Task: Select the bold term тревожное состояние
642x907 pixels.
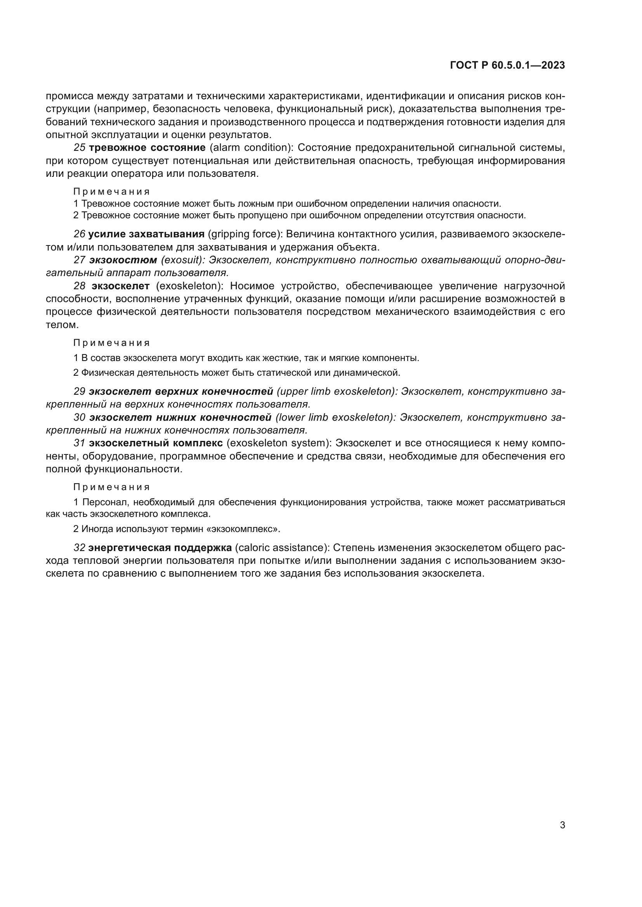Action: (x=147, y=148)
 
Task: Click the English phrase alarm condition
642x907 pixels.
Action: (x=250, y=148)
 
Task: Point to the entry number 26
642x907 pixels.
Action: (x=80, y=234)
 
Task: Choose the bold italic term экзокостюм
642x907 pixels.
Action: (x=123, y=260)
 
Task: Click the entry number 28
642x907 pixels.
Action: (x=80, y=286)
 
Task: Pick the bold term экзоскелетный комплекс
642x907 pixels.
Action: (x=156, y=443)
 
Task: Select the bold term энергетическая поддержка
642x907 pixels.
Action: (x=160, y=548)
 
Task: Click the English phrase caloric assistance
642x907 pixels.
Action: (x=282, y=548)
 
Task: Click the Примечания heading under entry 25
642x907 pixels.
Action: (x=111, y=192)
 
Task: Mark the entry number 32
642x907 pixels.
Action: (x=80, y=548)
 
